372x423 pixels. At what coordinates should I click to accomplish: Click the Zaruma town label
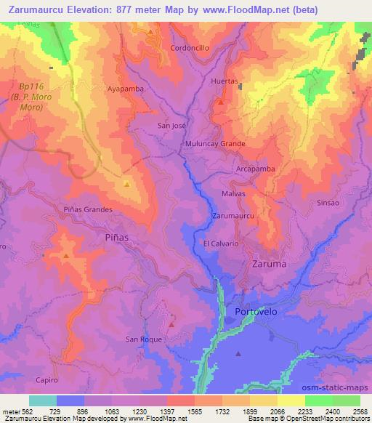pos(268,265)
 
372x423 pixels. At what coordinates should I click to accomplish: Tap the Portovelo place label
pos(256,312)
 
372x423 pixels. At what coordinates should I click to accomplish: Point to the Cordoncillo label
pos(190,47)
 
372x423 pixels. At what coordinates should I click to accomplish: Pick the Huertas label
pos(224,81)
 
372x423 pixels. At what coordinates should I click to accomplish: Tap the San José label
pos(173,126)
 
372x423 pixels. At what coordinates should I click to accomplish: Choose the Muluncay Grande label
pos(215,144)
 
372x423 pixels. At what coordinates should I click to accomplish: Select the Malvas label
pos(234,194)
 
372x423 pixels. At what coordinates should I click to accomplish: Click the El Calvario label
pos(221,243)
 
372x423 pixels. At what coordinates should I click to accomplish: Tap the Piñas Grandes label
pos(88,209)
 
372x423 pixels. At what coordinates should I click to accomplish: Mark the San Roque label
pos(142,339)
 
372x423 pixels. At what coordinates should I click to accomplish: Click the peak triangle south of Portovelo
pos(238,354)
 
